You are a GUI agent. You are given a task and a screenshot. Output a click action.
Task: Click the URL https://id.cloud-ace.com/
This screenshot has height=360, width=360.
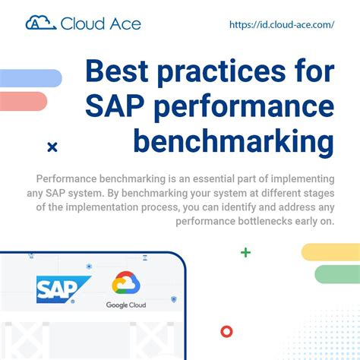[x=282, y=24]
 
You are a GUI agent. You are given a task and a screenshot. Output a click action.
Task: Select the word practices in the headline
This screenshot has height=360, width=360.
[x=227, y=71]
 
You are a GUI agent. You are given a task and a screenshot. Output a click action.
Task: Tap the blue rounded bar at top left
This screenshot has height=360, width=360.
[x=30, y=77]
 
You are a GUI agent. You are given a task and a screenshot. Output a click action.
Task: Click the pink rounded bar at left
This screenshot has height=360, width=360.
[x=24, y=101]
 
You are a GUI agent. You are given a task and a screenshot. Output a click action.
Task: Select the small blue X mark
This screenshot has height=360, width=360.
[x=52, y=147]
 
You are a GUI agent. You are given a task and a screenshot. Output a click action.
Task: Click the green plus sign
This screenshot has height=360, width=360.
[x=245, y=252]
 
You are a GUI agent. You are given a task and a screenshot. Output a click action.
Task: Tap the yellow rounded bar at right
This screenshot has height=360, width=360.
[x=330, y=252]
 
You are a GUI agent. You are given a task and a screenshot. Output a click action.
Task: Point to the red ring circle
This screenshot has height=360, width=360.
[x=226, y=331]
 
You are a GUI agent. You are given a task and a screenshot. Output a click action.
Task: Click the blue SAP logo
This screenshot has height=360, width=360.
[x=63, y=289]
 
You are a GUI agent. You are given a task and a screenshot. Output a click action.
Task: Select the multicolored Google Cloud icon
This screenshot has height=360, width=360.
[x=127, y=284]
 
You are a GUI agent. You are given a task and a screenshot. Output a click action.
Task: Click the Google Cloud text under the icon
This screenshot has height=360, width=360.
[x=127, y=305]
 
